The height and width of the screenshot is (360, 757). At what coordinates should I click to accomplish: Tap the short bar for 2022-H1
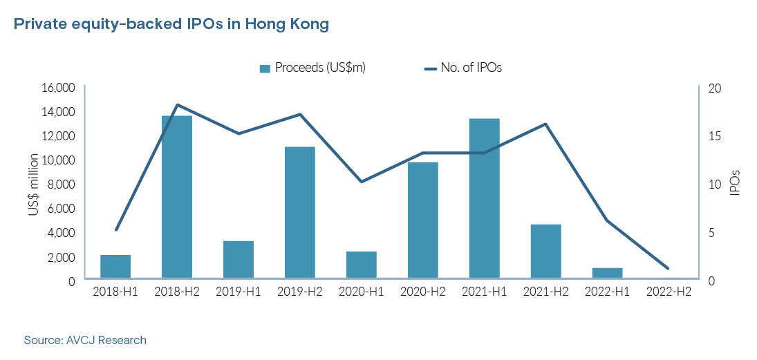pos(607,274)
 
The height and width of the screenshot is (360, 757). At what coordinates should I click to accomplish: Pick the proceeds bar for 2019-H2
pos(300,213)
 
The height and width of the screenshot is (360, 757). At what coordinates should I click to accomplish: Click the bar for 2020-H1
pos(362,265)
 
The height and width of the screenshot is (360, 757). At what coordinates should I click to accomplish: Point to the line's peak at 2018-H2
pos(177,105)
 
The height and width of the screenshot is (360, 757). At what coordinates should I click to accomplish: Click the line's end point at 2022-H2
pos(668,268)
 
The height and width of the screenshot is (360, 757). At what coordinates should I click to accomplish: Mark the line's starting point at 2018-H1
pos(116,229)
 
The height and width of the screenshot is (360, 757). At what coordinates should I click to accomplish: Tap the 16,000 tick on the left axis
pos(59,88)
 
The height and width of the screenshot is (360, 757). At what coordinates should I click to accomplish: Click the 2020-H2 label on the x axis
pos(422,292)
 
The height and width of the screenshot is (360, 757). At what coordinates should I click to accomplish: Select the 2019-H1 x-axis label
pos(239,292)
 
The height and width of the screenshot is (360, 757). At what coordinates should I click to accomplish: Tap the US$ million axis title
pos(33,184)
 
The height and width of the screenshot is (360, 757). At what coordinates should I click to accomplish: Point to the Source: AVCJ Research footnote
pos(85,340)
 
